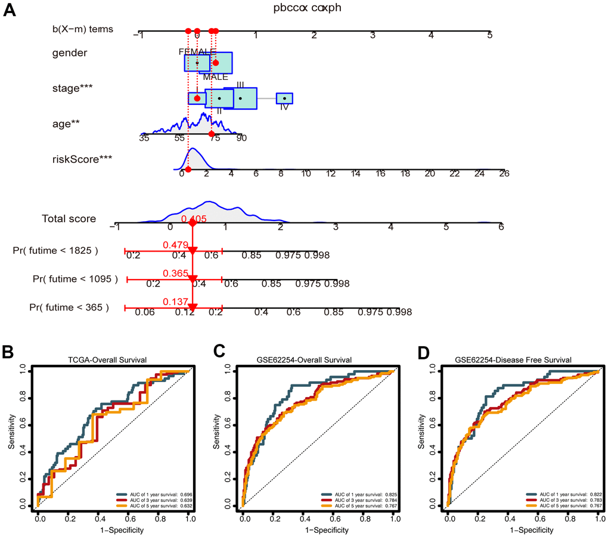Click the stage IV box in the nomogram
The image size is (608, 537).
[x=284, y=98]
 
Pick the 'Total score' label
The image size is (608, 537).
[x=69, y=219]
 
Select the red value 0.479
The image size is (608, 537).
[x=176, y=244]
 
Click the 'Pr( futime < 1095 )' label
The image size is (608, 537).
[x=75, y=278]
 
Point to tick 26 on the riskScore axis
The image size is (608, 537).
[x=504, y=173]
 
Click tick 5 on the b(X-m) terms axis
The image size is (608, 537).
[x=490, y=35]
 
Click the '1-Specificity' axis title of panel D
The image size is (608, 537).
[x=522, y=530]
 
